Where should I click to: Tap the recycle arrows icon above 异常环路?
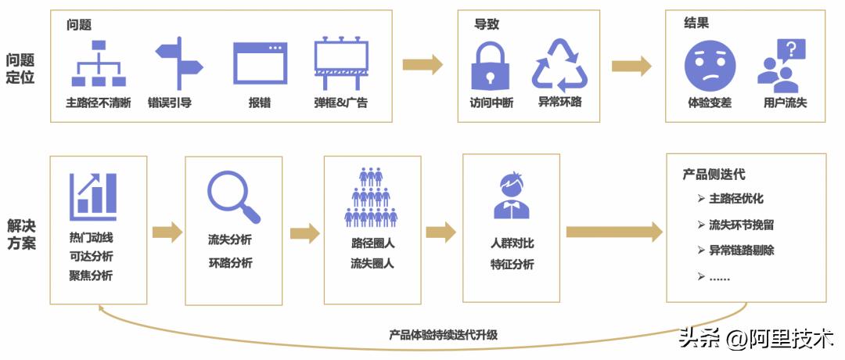[x=559, y=66]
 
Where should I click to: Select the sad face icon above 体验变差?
[x=710, y=66]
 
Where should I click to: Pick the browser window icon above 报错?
[x=260, y=63]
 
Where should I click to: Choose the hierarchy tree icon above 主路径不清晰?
[x=99, y=63]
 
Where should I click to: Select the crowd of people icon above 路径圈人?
[x=372, y=197]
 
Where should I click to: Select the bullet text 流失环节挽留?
[x=741, y=225]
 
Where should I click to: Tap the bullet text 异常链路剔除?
[x=741, y=250]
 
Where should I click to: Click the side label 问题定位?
[x=20, y=69]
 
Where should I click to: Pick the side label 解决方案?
[x=20, y=232]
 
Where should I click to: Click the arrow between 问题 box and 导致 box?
[x=422, y=65]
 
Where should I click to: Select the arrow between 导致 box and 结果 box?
[x=631, y=66]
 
